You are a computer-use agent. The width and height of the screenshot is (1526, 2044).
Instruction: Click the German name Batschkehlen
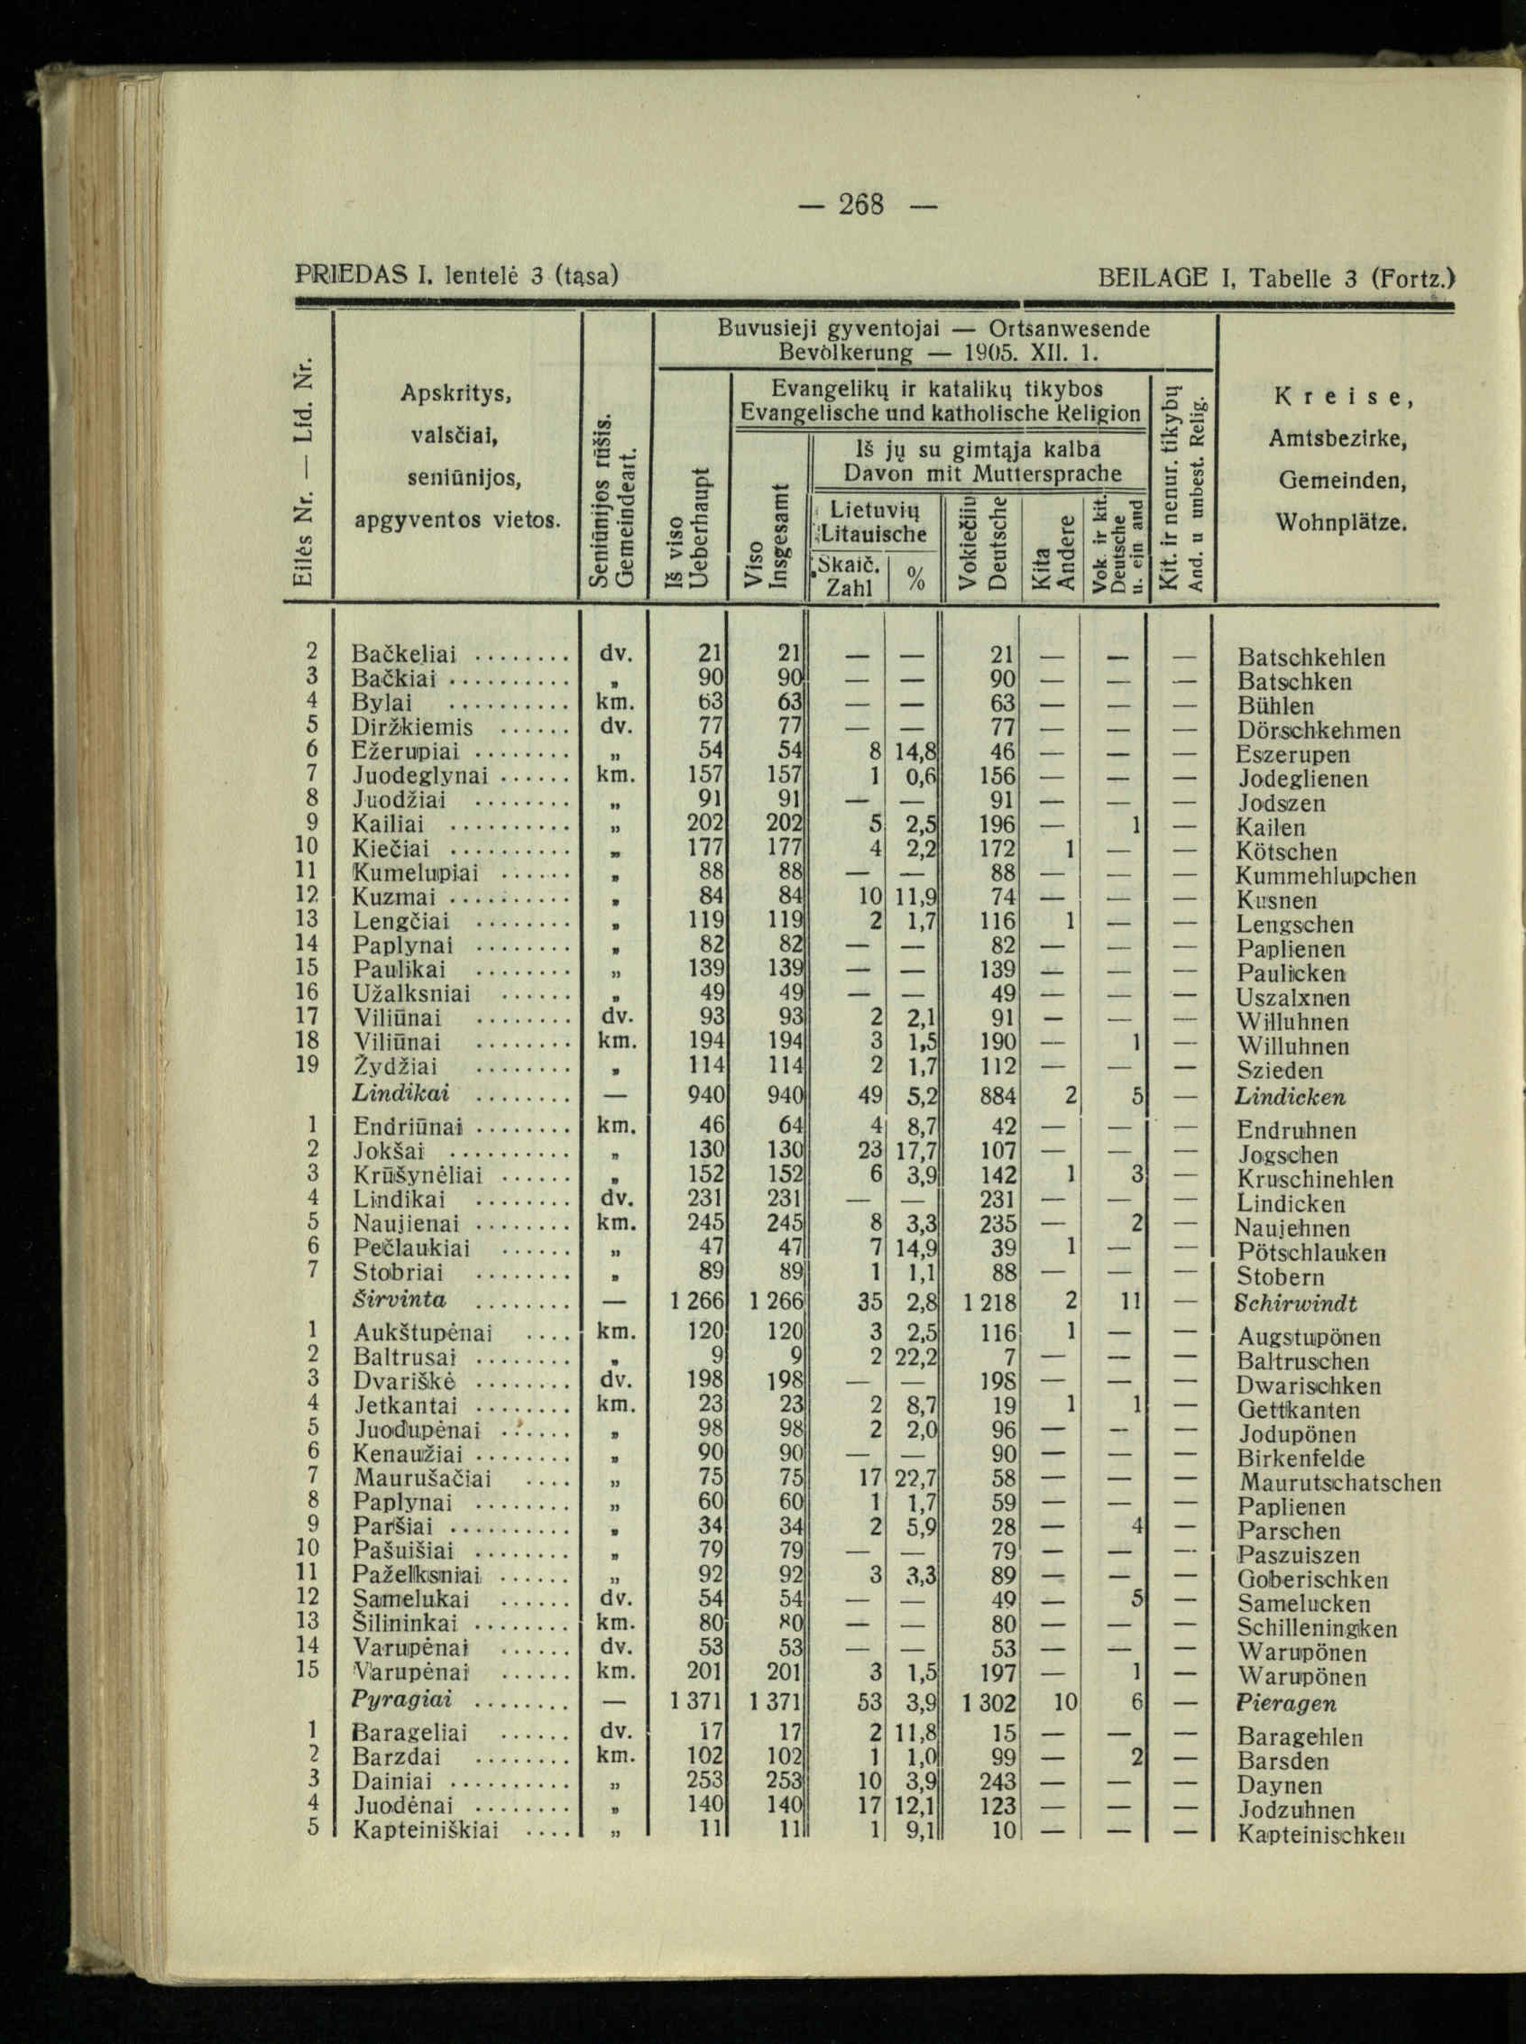point(1310,658)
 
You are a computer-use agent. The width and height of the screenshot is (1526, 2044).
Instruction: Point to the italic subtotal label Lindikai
point(401,1093)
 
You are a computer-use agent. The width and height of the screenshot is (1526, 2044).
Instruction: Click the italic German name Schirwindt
point(1296,1303)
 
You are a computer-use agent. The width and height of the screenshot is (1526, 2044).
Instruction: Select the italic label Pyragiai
point(400,1700)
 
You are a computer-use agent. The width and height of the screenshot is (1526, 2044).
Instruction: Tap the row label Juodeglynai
point(420,775)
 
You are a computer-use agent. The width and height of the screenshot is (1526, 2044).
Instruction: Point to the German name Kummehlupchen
point(1326,876)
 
